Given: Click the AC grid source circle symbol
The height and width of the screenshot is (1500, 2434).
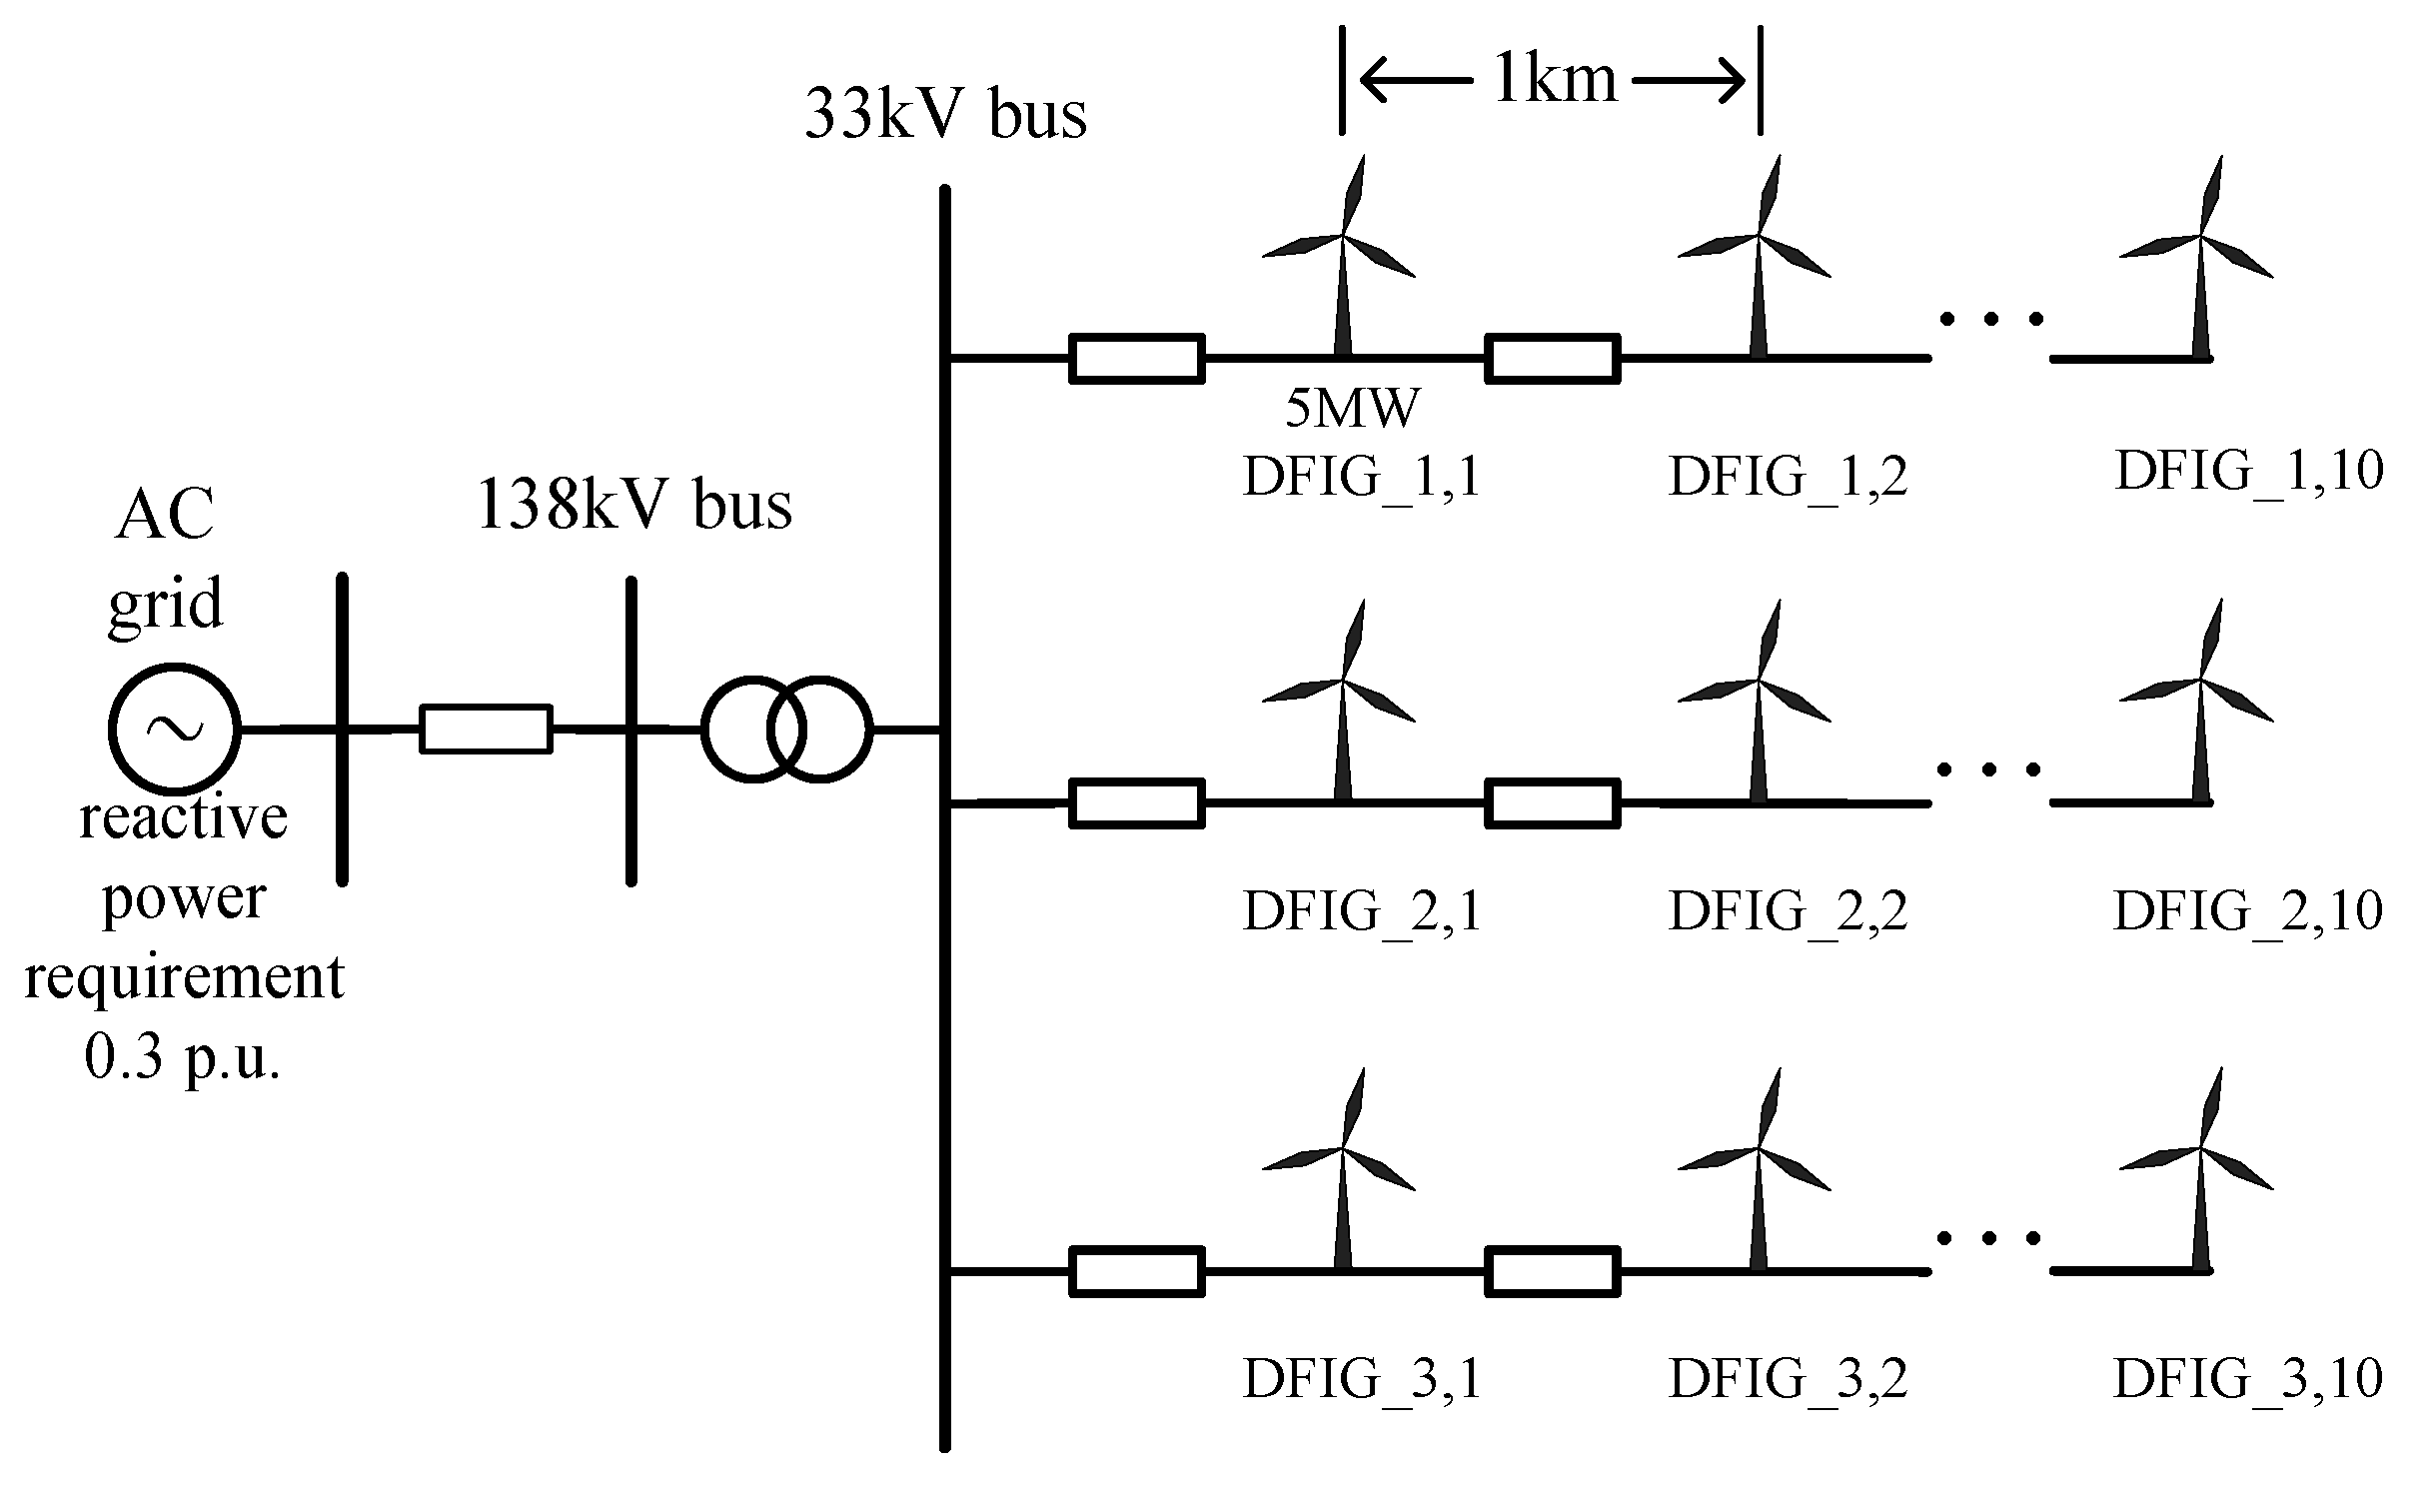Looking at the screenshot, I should [x=174, y=730].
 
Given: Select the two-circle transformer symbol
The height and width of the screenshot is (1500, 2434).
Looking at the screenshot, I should [x=786, y=730].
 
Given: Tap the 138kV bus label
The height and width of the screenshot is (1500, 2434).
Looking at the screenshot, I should [x=635, y=506].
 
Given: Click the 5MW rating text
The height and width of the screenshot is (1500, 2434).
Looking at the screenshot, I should [x=1352, y=409].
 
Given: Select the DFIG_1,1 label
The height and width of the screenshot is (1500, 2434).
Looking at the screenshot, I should [x=1361, y=476].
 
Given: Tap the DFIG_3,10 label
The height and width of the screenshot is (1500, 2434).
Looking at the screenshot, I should [x=2247, y=1378].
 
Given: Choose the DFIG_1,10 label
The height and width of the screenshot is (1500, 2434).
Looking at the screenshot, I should [x=2249, y=470].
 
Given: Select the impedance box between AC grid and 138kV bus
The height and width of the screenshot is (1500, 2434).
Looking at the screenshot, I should [x=486, y=730].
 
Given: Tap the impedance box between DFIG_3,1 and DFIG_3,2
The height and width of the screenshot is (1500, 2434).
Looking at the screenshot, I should [x=1552, y=1272].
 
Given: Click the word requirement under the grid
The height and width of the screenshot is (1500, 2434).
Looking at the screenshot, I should [x=184, y=977].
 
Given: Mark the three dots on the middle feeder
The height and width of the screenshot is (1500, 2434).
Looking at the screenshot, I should [x=1989, y=769].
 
